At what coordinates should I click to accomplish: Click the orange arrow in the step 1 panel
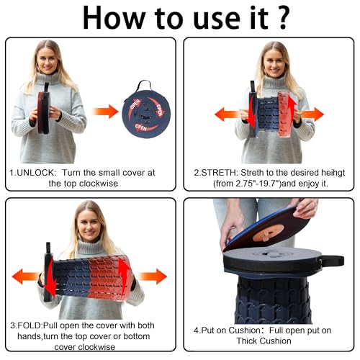click(104, 111)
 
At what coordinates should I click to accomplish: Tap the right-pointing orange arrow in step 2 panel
click(312, 114)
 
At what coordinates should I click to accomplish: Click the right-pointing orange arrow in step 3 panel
click(152, 276)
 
